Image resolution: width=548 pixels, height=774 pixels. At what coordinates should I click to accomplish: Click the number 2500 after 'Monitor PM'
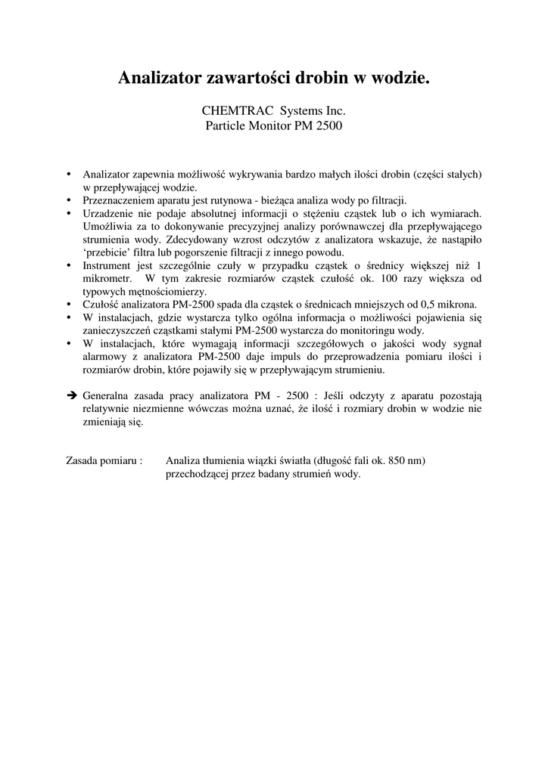[x=328, y=125]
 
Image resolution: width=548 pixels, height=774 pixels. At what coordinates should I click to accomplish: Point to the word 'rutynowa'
[x=229, y=200]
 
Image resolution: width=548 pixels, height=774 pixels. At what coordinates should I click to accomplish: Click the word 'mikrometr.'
[x=108, y=279]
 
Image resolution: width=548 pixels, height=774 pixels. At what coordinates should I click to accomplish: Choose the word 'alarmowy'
[x=106, y=358]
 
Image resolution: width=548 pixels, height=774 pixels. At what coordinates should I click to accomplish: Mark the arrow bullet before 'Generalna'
[x=73, y=395]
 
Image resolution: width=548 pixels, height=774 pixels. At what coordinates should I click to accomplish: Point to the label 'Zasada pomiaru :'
[x=105, y=460]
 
